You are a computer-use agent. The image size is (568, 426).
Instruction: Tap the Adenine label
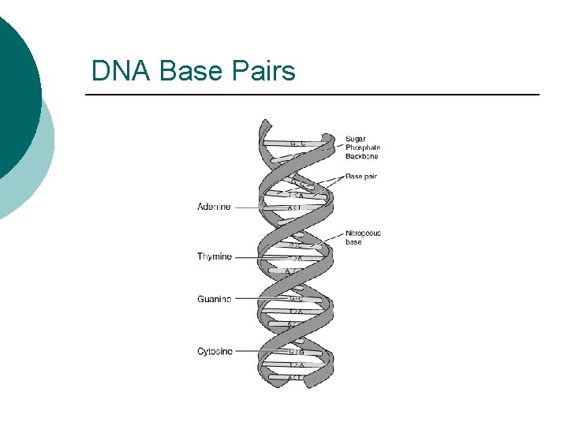214,207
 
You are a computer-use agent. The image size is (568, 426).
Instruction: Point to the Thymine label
215,256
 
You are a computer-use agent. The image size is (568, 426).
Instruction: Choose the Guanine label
215,299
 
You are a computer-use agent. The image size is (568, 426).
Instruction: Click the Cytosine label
215,351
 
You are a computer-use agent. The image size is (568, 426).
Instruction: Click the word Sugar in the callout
356,138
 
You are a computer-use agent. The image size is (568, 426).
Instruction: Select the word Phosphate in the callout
363,147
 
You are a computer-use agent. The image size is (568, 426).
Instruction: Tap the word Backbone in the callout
361,156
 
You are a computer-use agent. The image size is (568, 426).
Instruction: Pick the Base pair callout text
361,177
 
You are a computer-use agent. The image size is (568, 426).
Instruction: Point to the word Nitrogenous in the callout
363,233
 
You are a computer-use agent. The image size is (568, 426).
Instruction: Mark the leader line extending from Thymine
260,257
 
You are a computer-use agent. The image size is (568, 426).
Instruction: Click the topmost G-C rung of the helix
297,144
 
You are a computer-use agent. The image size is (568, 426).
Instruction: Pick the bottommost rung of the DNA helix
296,377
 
